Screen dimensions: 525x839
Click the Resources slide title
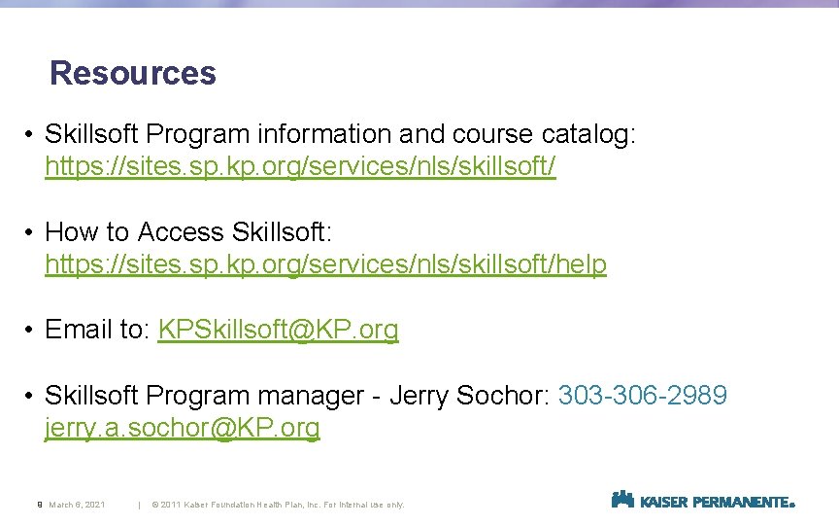pyautogui.click(x=133, y=73)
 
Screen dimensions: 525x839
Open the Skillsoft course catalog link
pyautogui.click(x=300, y=166)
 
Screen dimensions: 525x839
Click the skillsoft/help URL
pyautogui.click(x=325, y=263)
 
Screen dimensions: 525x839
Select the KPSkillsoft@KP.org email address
pyautogui.click(x=278, y=330)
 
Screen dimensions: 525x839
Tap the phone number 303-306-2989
pyautogui.click(x=642, y=396)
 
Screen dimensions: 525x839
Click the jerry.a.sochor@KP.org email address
pyautogui.click(x=183, y=428)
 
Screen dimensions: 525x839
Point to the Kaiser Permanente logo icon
pyautogui.click(x=622, y=500)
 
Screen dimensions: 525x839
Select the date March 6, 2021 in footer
pyautogui.click(x=77, y=505)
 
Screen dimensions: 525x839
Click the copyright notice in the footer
pyautogui.click(x=278, y=505)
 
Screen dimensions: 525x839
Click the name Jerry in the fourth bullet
pyautogui.click(x=420, y=396)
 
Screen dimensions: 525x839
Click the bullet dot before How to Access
pyautogui.click(x=31, y=232)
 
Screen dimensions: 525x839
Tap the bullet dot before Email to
pyautogui.click(x=31, y=330)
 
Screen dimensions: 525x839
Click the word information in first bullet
pyautogui.click(x=355, y=133)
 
